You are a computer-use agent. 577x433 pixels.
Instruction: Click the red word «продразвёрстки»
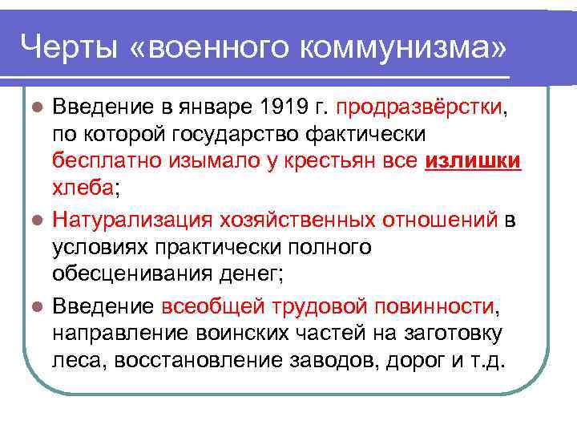[422, 107]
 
